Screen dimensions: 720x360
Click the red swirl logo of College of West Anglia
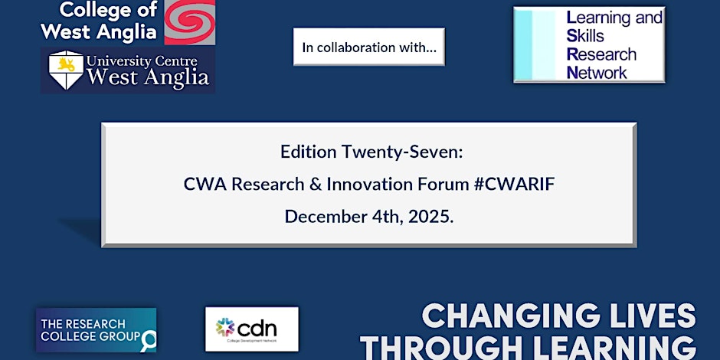point(190,22)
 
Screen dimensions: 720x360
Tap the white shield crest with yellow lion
point(66,70)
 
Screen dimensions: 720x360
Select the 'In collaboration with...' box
point(368,47)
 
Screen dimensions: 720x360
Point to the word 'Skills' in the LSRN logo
point(585,36)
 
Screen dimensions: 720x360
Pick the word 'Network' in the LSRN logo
point(597,72)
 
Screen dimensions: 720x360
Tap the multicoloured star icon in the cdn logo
point(225,327)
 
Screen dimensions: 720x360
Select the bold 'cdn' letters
point(257,327)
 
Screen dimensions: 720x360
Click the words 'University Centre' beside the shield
point(142,61)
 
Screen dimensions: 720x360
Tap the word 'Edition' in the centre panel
point(308,152)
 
